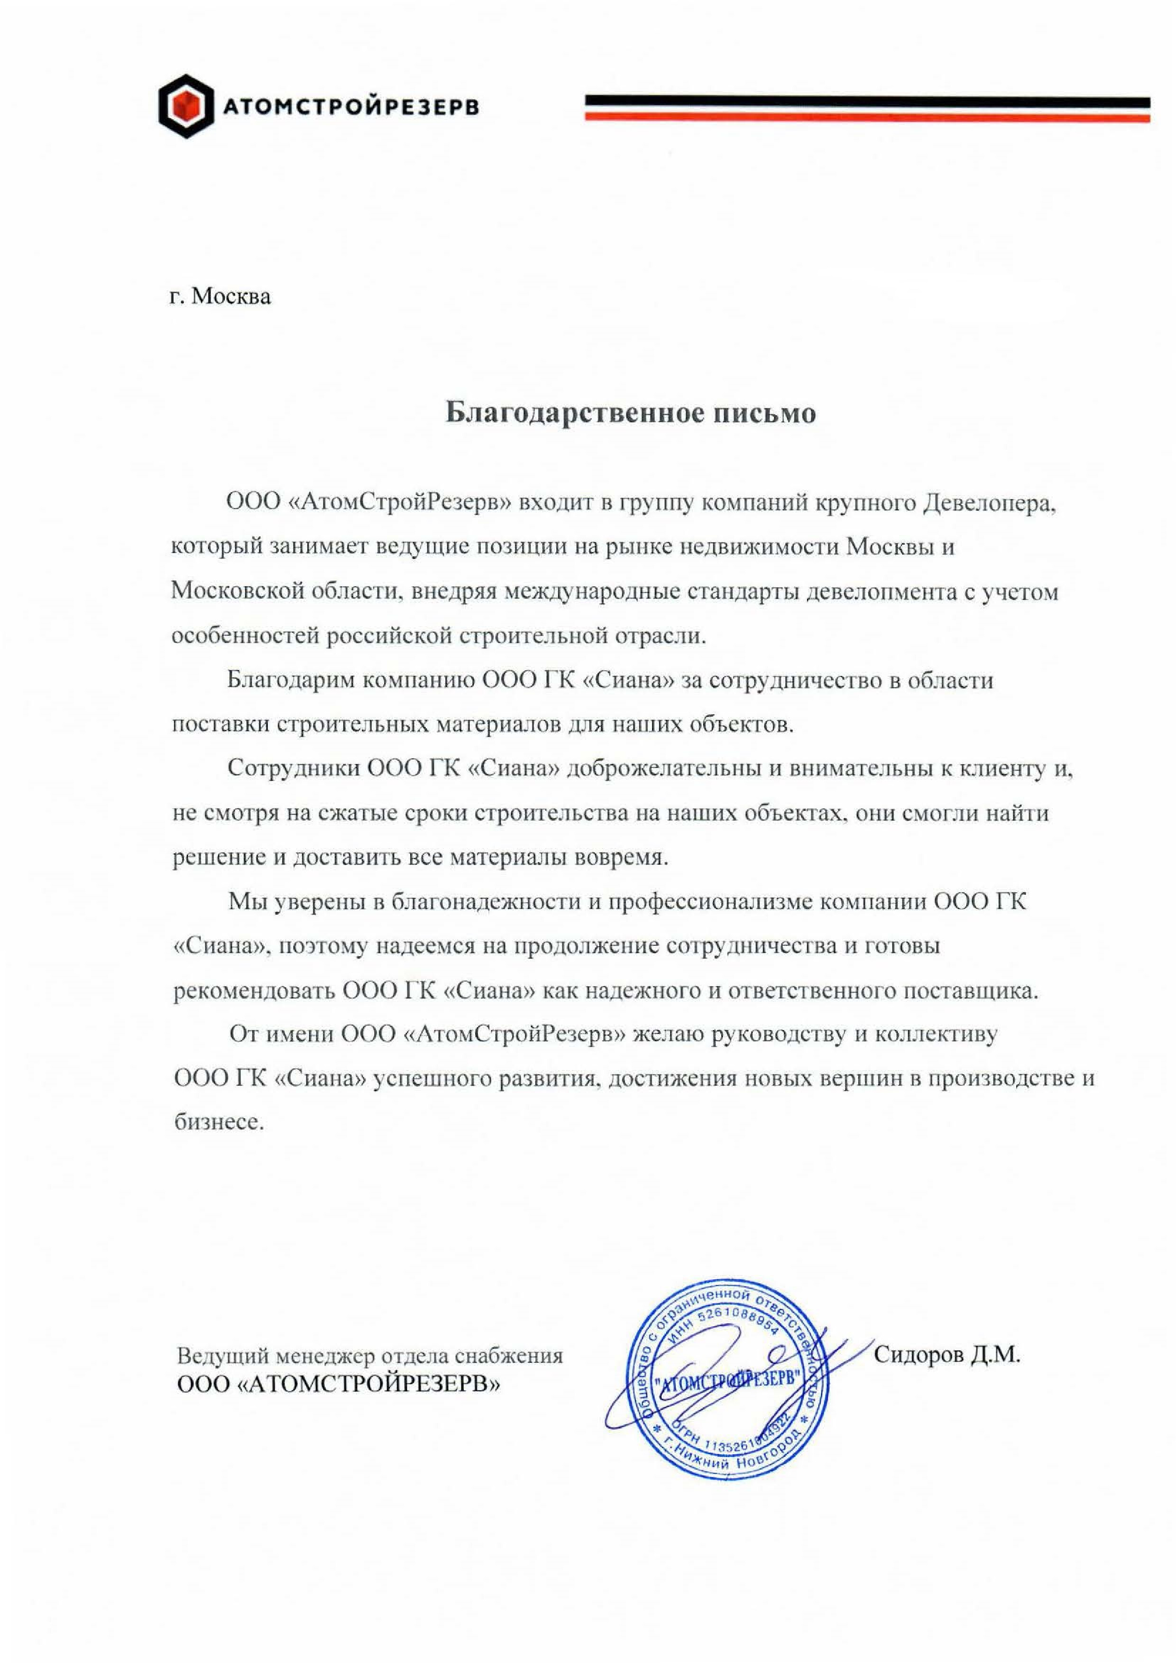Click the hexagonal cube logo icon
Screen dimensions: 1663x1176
coord(186,106)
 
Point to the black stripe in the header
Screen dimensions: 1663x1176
coord(867,102)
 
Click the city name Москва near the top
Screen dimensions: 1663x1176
coord(232,297)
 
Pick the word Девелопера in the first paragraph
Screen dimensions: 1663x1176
coord(988,503)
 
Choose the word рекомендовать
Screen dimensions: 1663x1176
coord(252,991)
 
